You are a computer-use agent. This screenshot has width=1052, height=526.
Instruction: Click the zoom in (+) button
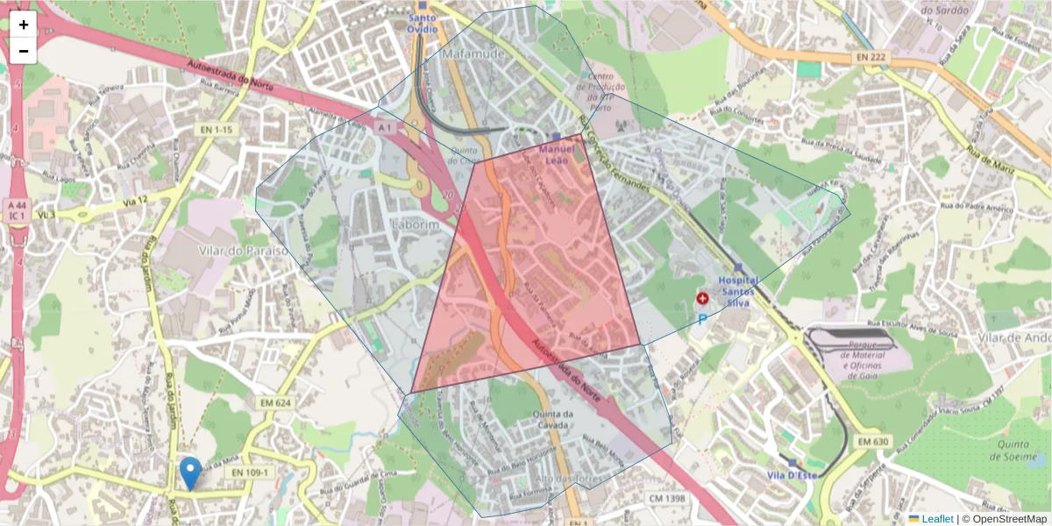(x=24, y=25)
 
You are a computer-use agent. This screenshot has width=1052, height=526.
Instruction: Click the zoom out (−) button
(x=24, y=51)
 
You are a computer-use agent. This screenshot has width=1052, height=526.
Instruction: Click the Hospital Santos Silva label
(x=739, y=286)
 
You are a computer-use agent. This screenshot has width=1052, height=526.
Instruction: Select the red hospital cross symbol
(x=702, y=299)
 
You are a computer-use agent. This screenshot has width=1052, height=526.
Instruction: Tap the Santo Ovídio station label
(x=422, y=23)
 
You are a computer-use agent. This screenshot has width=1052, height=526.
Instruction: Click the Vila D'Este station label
(x=792, y=475)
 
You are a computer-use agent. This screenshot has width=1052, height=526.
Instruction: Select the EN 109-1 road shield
(x=251, y=473)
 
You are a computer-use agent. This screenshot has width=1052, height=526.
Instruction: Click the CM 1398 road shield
(x=666, y=499)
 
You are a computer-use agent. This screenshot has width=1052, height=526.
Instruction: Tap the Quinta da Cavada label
(x=553, y=420)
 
